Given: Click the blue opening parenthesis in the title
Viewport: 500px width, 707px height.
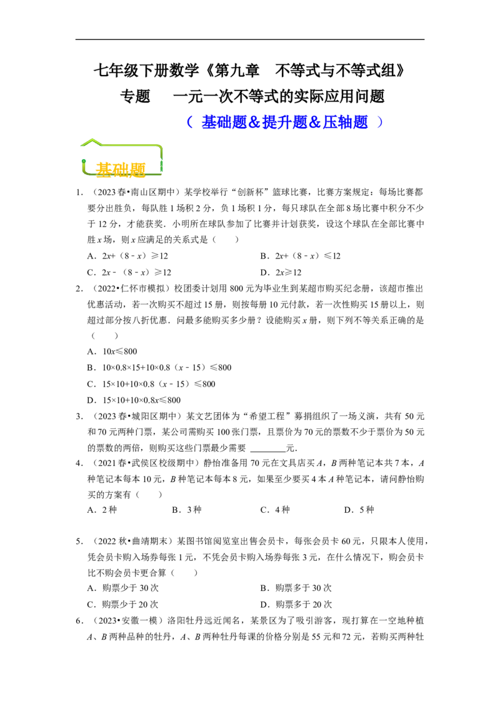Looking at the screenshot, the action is pyautogui.click(x=188, y=122).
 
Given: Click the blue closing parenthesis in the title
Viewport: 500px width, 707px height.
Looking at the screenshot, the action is pyautogui.click(x=381, y=122).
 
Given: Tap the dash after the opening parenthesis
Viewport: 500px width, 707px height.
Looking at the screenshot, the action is pyautogui.click(x=197, y=122).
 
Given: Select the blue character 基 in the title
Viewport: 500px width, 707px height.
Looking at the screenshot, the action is pyautogui.click(x=209, y=122).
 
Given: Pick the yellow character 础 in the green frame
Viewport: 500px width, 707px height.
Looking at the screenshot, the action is pyautogui.click(x=121, y=169).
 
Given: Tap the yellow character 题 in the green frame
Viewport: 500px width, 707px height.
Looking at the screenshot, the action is pyautogui.click(x=137, y=169).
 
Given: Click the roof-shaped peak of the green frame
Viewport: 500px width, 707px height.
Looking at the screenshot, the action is pyautogui.click(x=92, y=140).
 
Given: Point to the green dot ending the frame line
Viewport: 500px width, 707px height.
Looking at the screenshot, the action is pyautogui.click(x=83, y=162).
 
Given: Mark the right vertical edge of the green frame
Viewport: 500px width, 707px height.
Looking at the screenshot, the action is pyautogui.click(x=162, y=160).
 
